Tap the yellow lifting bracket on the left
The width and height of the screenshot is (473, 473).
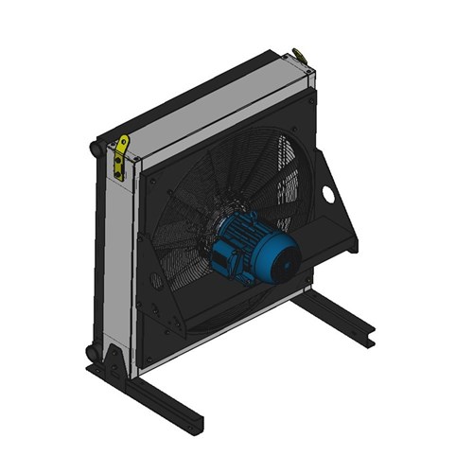[120, 156]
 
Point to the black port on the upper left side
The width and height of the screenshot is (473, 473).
[94, 149]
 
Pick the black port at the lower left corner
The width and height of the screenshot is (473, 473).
[92, 352]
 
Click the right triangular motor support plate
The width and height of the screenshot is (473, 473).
[331, 203]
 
